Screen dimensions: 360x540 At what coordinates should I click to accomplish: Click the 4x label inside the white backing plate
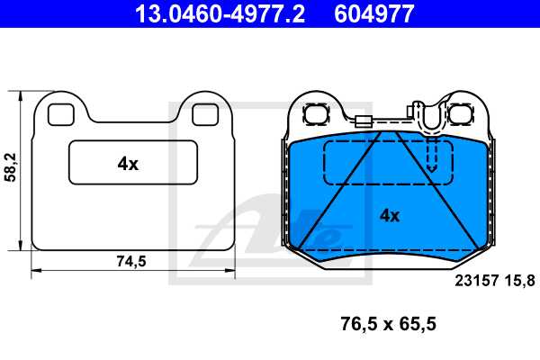pyautogui.click(x=128, y=163)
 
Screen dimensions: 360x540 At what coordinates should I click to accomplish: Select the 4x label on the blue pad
pyautogui.click(x=389, y=214)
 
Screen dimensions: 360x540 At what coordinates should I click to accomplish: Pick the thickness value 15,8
pyautogui.click(x=521, y=280)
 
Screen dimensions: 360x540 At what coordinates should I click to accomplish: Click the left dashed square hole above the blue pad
pyautogui.click(x=316, y=114)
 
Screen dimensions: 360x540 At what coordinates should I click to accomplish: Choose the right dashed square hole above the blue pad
pyautogui.click(x=463, y=114)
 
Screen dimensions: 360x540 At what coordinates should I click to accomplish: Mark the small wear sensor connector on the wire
pyautogui.click(x=363, y=122)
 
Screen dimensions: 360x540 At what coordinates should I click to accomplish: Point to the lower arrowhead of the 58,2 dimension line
pyautogui.click(x=20, y=245)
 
